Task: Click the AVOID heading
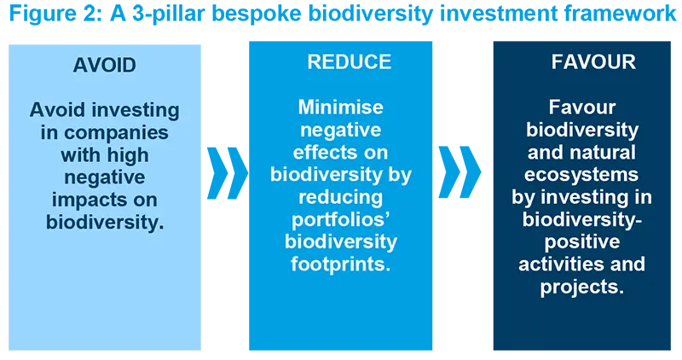click(x=104, y=65)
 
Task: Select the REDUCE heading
click(x=349, y=62)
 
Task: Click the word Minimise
click(x=340, y=108)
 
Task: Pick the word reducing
click(x=340, y=197)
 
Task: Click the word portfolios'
click(x=340, y=219)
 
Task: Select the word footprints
click(x=340, y=264)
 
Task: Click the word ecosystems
click(x=582, y=175)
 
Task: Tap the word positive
click(x=582, y=241)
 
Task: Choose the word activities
click(x=564, y=264)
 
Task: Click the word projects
click(x=582, y=286)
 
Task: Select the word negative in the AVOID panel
click(x=104, y=177)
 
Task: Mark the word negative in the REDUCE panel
click(x=340, y=131)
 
